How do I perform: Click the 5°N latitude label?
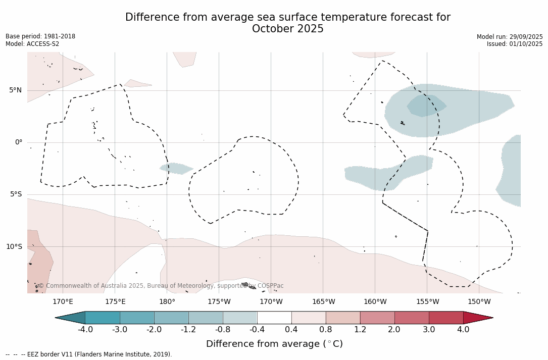coord(15,90)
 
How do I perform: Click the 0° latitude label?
coord(18,142)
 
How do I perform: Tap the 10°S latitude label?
coord(14,247)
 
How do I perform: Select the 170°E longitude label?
coord(63,302)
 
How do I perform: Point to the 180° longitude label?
coord(167,302)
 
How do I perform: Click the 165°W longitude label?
coord(323,302)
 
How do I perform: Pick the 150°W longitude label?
coord(479,302)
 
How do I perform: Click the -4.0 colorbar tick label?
coord(85,330)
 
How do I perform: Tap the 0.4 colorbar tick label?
coord(291,330)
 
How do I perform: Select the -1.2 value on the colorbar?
coord(188,330)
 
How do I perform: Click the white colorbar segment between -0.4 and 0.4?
coord(274,318)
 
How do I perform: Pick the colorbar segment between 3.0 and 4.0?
coord(446,318)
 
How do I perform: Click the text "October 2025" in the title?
coord(287,29)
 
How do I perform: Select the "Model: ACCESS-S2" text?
coord(32,44)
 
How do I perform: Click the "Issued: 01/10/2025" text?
coord(514,44)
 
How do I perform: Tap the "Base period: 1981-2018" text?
coord(40,36)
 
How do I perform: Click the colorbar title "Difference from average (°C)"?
coord(274,344)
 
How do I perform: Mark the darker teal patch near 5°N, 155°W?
coord(425,105)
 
